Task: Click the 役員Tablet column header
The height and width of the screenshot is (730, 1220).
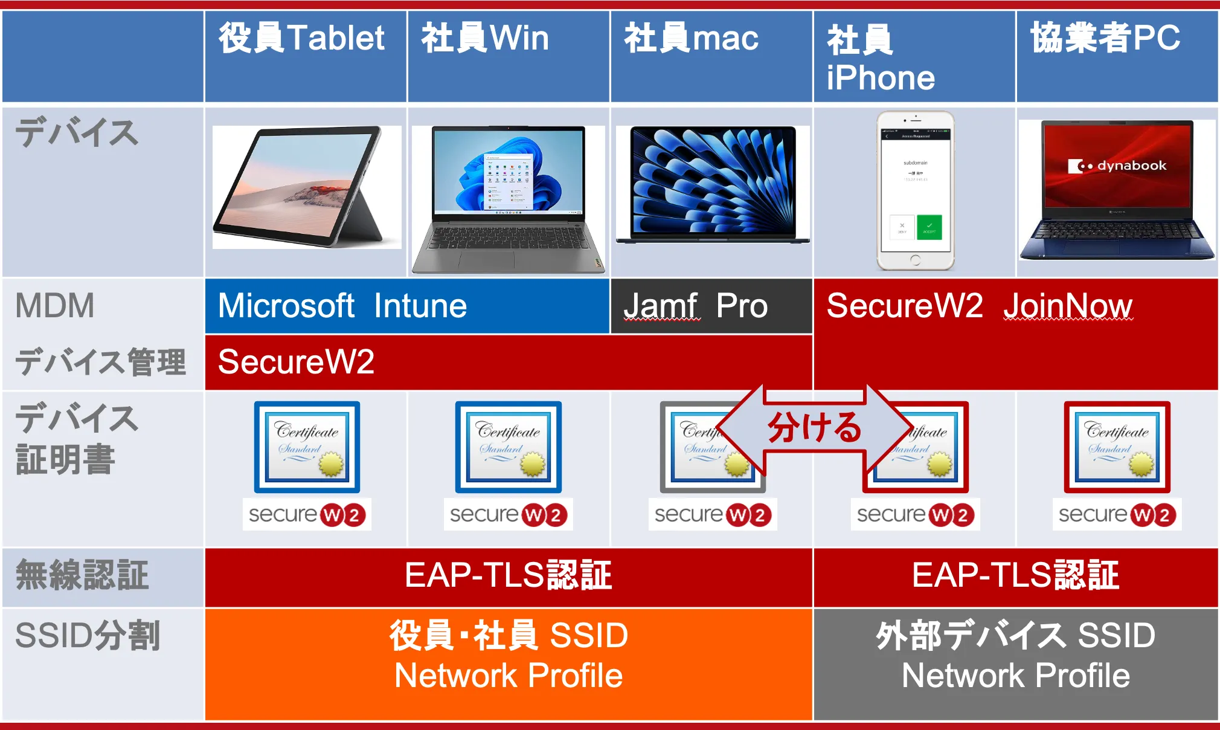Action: pyautogui.click(x=301, y=38)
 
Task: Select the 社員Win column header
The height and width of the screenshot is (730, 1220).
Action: pyautogui.click(x=485, y=38)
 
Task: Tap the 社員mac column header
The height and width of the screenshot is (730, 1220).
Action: pyautogui.click(x=691, y=38)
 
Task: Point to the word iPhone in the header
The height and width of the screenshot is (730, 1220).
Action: pyautogui.click(x=881, y=78)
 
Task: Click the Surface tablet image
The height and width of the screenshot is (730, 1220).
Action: pyautogui.click(x=306, y=187)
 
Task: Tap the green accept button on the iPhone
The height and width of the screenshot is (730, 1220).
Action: pyautogui.click(x=929, y=227)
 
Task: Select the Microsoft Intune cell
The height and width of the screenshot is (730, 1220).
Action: pyautogui.click(x=342, y=306)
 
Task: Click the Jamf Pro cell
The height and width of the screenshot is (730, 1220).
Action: pyautogui.click(x=696, y=306)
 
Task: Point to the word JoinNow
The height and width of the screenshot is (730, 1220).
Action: pyautogui.click(x=1068, y=306)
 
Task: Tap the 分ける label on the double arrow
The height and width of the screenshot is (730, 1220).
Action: pyautogui.click(x=814, y=428)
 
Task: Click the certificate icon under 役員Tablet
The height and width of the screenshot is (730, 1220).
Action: pyautogui.click(x=307, y=447)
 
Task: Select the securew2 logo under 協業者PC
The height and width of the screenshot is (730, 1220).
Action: pyautogui.click(x=1117, y=515)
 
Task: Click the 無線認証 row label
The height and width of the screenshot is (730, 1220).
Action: pyautogui.click(x=82, y=575)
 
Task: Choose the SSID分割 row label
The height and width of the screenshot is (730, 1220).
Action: pyautogui.click(x=88, y=636)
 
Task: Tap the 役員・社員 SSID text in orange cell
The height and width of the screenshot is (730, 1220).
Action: pyautogui.click(x=509, y=636)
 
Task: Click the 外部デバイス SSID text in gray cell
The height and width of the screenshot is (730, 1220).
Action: pyautogui.click(x=1015, y=636)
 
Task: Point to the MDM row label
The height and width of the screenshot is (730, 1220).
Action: pyautogui.click(x=55, y=306)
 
